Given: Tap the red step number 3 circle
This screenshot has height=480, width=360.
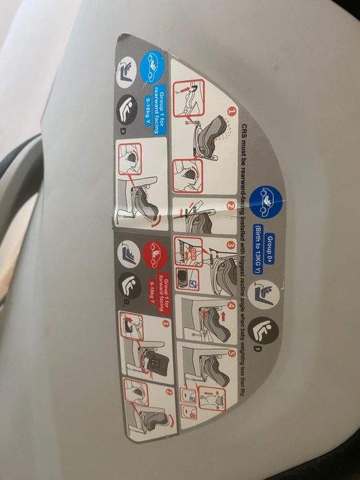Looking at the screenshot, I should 231,245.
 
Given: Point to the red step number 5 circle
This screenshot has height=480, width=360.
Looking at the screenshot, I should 231,354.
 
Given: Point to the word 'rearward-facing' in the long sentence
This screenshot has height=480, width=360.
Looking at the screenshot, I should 245,179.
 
